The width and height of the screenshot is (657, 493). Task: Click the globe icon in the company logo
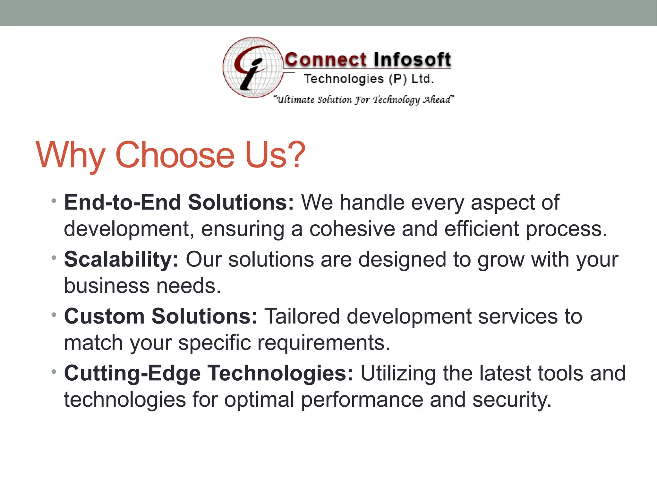(253, 67)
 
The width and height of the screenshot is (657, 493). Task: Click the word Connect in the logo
(325, 60)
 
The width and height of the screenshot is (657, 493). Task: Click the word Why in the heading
(71, 156)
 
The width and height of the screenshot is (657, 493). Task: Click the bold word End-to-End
(123, 203)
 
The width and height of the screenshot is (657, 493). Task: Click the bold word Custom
(104, 316)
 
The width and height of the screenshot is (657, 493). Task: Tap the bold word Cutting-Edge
(132, 374)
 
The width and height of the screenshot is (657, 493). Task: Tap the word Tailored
(302, 316)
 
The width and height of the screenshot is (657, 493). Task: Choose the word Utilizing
(398, 374)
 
